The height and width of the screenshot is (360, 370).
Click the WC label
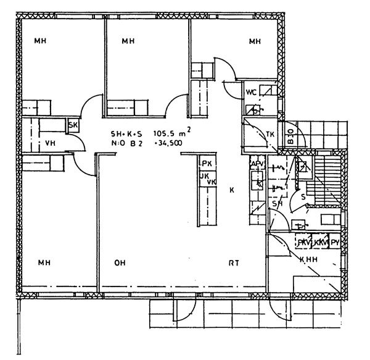pos(251,92)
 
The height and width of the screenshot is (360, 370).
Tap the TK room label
pos(269,135)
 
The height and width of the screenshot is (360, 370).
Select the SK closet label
pos(73,126)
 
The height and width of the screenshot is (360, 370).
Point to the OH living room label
pos(120,264)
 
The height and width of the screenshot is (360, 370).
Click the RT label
pos(234,264)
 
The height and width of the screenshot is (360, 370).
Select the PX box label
pos(207,163)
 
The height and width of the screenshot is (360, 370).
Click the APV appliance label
pos(257,163)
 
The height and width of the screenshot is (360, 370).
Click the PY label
pos(335,243)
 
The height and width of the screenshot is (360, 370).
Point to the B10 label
pos(288,135)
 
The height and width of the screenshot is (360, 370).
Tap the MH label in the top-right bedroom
pos(255,42)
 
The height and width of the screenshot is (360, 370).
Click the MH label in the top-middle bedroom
pos(128,42)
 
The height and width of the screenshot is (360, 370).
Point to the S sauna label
pos(303,196)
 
